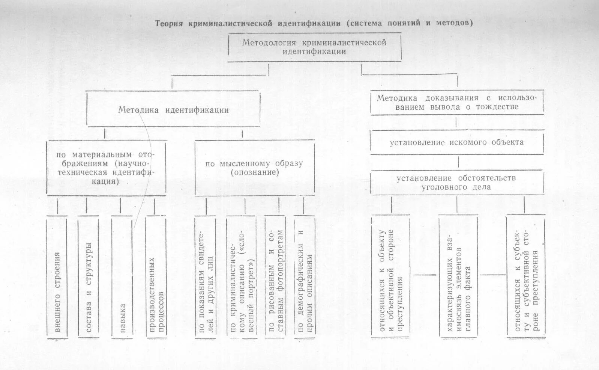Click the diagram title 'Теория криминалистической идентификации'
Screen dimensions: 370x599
pyautogui.click(x=248, y=23)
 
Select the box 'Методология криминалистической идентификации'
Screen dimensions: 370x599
pyautogui.click(x=314, y=47)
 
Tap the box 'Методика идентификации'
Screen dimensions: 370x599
pyautogui.click(x=173, y=110)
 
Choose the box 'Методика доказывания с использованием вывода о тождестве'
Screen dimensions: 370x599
pyautogui.click(x=457, y=102)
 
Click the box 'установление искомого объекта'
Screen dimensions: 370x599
pyautogui.click(x=457, y=142)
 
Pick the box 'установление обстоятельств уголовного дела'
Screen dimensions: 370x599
pyautogui.click(x=457, y=183)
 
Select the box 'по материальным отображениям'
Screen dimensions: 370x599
pyautogui.click(x=106, y=168)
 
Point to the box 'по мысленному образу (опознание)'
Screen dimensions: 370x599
pyautogui.click(x=255, y=168)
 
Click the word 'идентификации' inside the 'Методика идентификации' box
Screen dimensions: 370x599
pyautogui.click(x=197, y=110)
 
